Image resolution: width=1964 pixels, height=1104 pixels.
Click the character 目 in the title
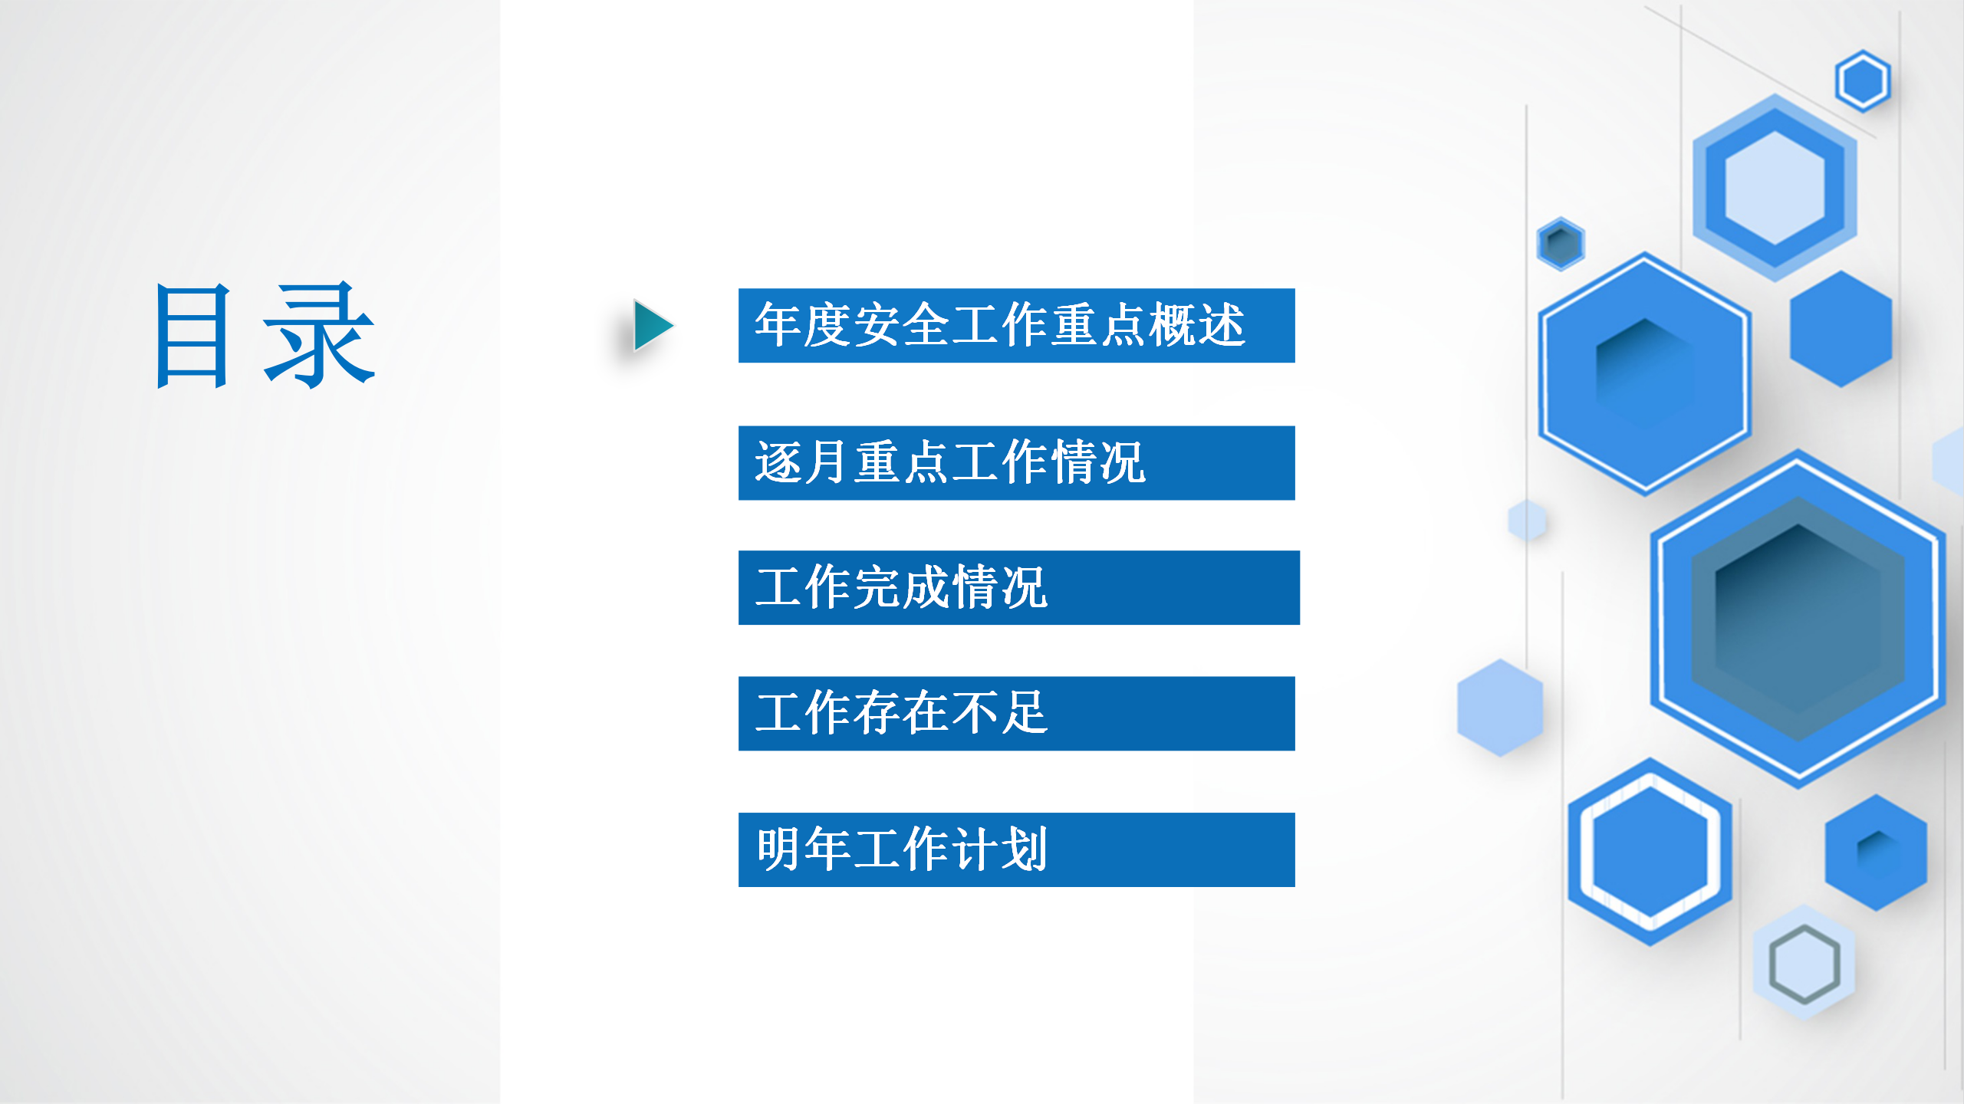coord(192,335)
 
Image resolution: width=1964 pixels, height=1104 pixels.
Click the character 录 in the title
coord(319,335)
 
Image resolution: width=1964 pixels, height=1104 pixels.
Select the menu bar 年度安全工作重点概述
coord(1016,325)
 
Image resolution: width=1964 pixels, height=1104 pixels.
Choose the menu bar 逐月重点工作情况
coord(1016,463)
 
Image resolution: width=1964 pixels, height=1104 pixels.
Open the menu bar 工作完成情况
coord(1018,588)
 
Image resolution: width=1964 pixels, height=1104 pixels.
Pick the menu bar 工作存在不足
coord(1016,713)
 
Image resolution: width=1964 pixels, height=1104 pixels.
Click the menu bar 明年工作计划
coord(1016,849)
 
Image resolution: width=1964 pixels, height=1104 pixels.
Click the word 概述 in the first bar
coord(1197,325)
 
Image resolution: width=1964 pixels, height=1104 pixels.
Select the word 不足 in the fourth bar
coord(999,712)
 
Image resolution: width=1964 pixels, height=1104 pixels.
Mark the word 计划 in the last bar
coord(999,849)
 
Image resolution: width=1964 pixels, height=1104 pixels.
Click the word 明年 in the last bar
coord(803,849)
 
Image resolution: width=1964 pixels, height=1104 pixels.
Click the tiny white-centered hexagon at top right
coord(1863,80)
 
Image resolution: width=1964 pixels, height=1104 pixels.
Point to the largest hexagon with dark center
coord(1798,618)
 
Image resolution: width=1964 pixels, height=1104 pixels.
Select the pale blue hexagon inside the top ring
coord(1775,188)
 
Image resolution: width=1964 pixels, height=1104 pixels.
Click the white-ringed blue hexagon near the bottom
coord(1650,852)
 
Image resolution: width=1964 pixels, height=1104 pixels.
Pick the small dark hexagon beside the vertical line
coord(1561,244)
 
